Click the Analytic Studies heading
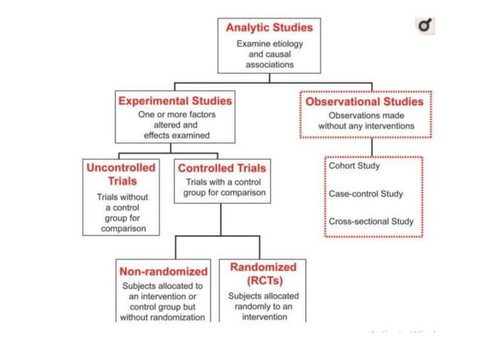pos(269,27)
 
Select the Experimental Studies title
pos(175,99)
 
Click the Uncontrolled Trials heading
pos(121,174)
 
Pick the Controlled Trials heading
pos(222,168)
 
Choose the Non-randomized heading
pos(163,271)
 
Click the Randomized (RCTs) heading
pos(263,273)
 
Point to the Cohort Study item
pos(354,166)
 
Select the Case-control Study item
pos(366,194)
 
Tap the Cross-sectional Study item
pos(371,221)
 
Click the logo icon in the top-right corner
pos(427,28)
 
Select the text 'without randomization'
pos(162,317)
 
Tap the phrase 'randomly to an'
pos(263,307)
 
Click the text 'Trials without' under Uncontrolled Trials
pos(122,197)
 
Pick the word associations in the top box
pos(269,65)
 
